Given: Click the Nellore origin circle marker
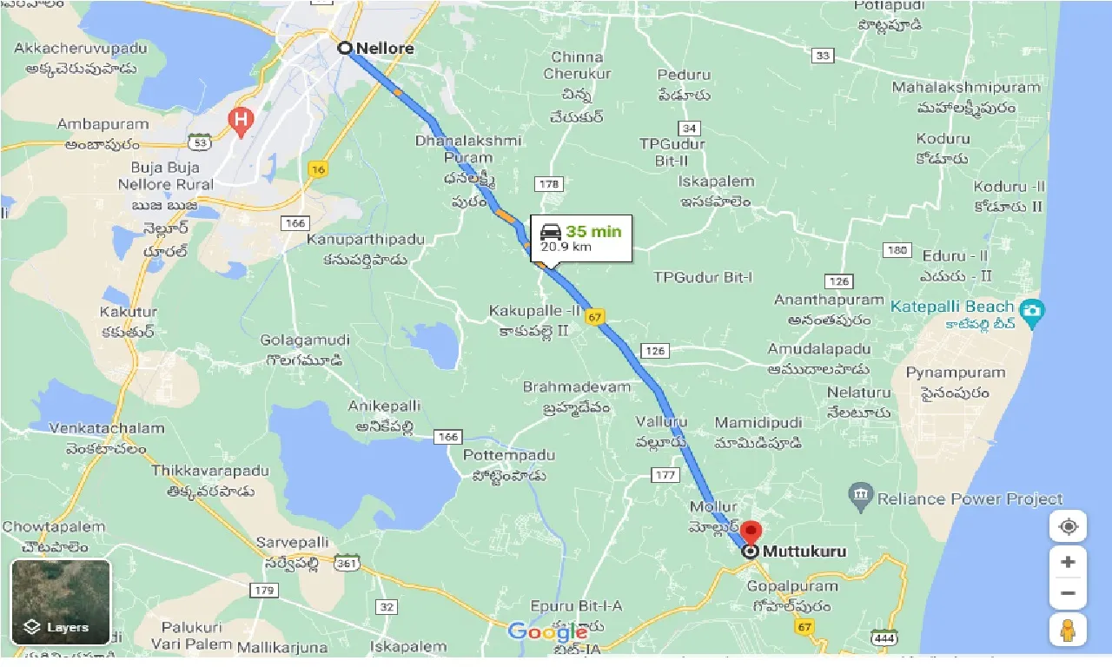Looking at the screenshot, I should pyautogui.click(x=345, y=49).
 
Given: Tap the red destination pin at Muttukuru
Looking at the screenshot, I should pyautogui.click(x=751, y=532).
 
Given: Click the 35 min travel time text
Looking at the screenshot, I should pyautogui.click(x=593, y=232).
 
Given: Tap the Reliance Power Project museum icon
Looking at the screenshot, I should pyautogui.click(x=860, y=497).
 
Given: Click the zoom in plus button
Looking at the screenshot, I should pyautogui.click(x=1068, y=562).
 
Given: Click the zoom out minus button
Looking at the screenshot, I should pyautogui.click(x=1068, y=594).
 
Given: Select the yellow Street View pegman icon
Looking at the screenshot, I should pyautogui.click(x=1068, y=630).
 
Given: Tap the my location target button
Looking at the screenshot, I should pyautogui.click(x=1068, y=526).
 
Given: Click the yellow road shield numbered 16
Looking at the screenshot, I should pyautogui.click(x=319, y=169).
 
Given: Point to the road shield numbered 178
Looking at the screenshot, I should pyautogui.click(x=550, y=184).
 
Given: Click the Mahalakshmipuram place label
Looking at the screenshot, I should pyautogui.click(x=966, y=88).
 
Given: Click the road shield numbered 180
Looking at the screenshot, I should pyautogui.click(x=896, y=250).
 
